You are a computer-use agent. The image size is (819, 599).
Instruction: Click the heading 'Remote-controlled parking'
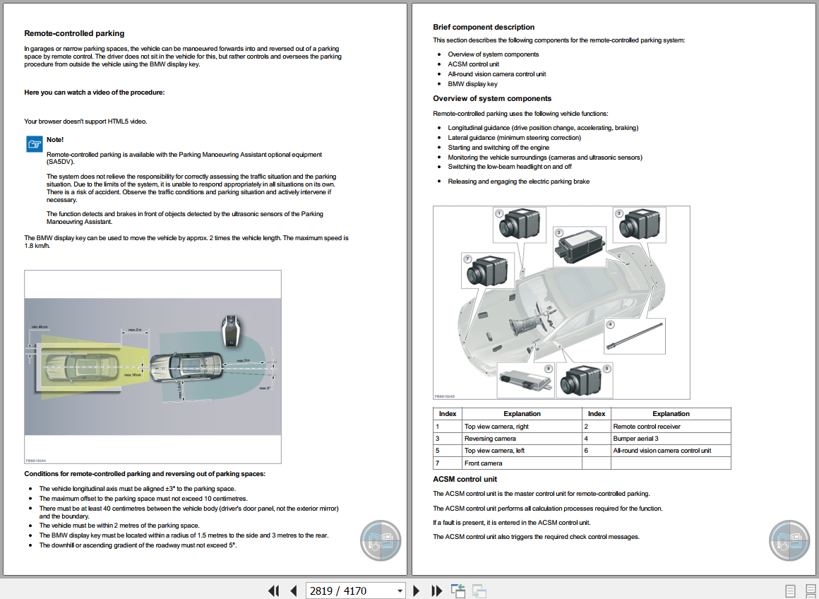coord(74,33)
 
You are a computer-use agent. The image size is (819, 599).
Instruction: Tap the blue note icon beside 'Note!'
coord(34,144)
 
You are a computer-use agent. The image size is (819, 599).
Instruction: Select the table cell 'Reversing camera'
coord(486,439)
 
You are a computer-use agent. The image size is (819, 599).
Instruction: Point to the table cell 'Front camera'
coord(484,463)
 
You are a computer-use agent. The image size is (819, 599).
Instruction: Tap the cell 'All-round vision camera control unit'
coord(662,451)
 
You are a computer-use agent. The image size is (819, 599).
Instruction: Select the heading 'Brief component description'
coord(484,28)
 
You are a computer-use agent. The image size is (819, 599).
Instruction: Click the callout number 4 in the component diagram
coord(611,325)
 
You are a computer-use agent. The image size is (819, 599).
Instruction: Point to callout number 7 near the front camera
coord(467,259)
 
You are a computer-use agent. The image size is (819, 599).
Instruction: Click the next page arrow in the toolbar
coord(417,591)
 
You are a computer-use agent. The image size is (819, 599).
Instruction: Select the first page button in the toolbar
coord(274,591)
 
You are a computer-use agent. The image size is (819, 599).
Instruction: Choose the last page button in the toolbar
coord(437,591)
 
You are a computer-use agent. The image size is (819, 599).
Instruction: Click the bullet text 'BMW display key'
coord(472,84)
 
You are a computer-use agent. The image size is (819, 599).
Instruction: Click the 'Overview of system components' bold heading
coord(492,99)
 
